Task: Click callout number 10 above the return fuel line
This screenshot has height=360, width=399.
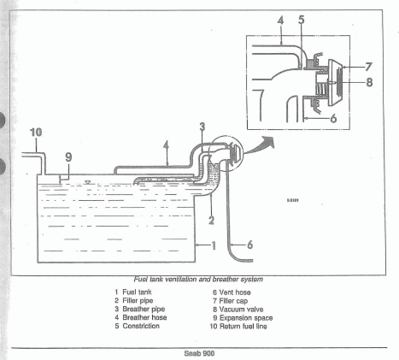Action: [x=36, y=133]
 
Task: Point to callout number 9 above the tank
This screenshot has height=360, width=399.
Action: [x=68, y=157]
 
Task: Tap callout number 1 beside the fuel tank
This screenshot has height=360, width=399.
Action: [x=214, y=245]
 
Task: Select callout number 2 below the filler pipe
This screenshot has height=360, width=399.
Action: [x=211, y=220]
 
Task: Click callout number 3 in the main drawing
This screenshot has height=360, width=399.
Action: [x=202, y=127]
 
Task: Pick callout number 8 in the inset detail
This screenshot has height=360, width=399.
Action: [x=369, y=82]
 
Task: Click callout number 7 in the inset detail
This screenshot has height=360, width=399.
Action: [x=368, y=67]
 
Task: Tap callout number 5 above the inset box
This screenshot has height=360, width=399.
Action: [x=302, y=20]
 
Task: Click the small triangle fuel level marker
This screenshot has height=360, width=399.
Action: [x=88, y=182]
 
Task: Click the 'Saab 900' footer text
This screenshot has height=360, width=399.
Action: [x=199, y=354]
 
